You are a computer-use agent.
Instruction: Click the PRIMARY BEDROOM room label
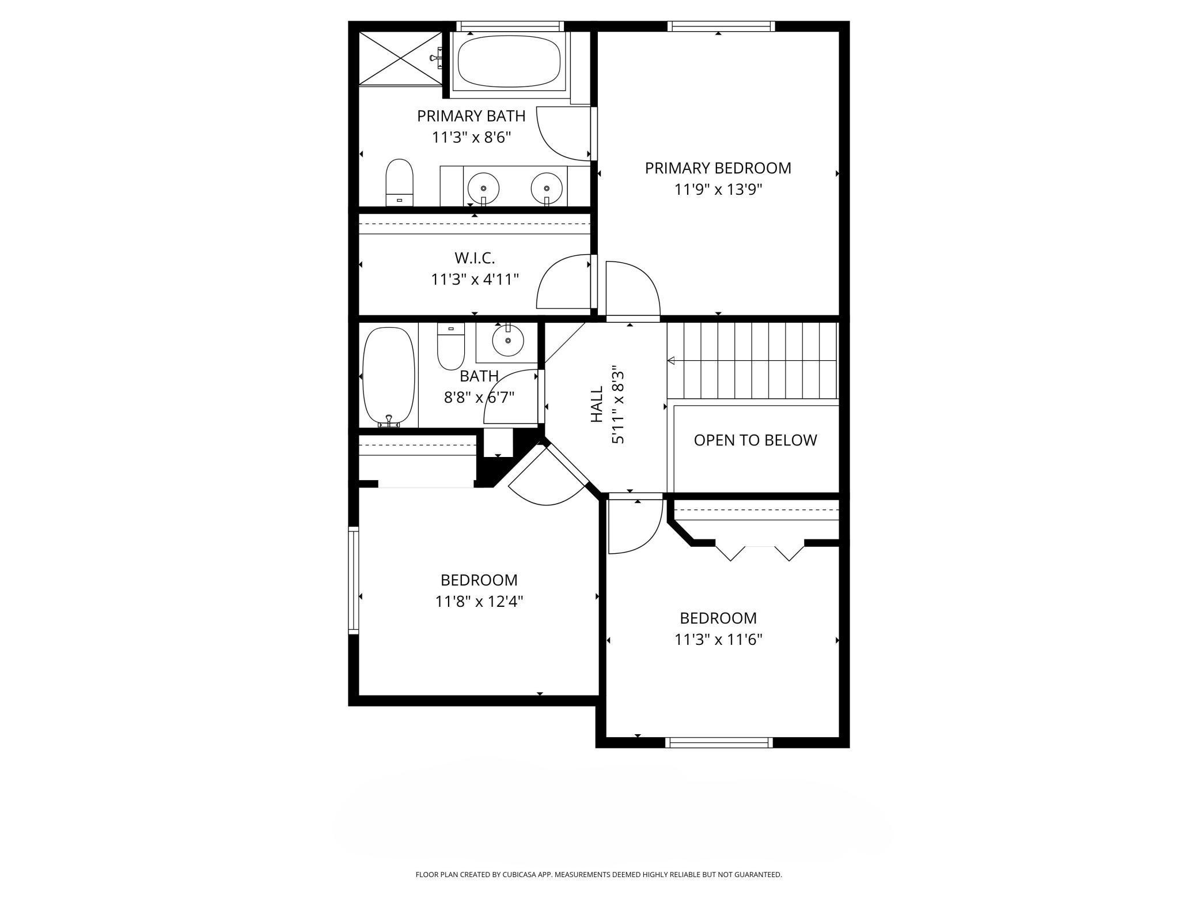pyautogui.click(x=718, y=168)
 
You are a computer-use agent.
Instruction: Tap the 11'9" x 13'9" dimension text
pyautogui.click(x=718, y=190)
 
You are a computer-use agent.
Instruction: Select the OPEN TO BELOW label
pyautogui.click(x=755, y=440)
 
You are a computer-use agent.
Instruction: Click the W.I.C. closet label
pyautogui.click(x=475, y=258)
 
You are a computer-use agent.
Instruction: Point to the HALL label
pyautogui.click(x=597, y=404)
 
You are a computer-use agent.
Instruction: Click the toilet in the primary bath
pyautogui.click(x=400, y=182)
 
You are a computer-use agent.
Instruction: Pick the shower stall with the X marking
pyautogui.click(x=400, y=58)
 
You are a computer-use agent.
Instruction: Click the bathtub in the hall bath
pyautogui.click(x=389, y=377)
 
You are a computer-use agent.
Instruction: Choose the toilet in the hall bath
pyautogui.click(x=451, y=346)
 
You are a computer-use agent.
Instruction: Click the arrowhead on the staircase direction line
pyautogui.click(x=671, y=361)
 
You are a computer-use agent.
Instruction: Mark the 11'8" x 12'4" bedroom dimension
pyautogui.click(x=479, y=602)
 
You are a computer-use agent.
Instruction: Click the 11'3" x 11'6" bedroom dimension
pyautogui.click(x=718, y=640)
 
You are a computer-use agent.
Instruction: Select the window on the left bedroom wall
pyautogui.click(x=354, y=580)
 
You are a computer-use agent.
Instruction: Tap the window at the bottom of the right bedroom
pyautogui.click(x=719, y=742)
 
